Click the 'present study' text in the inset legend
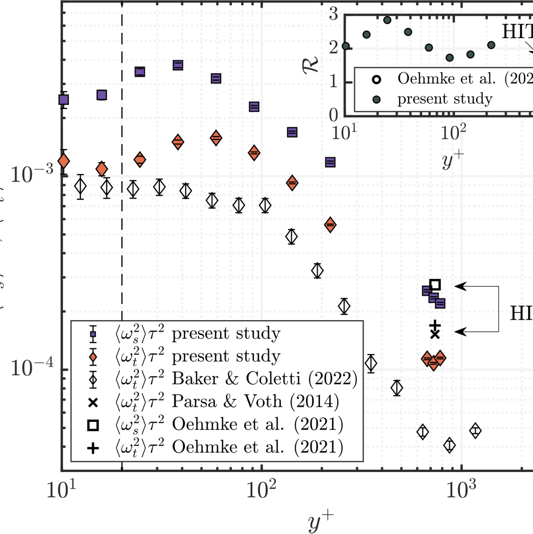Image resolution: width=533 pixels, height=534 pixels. (x=444, y=99)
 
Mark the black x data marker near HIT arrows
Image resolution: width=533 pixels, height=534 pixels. (x=435, y=334)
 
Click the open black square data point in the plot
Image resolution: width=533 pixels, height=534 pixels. (x=435, y=284)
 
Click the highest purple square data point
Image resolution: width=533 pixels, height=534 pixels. (x=178, y=65)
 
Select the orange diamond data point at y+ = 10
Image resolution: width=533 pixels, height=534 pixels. (x=63, y=161)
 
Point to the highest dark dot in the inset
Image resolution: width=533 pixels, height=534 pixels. (x=387, y=20)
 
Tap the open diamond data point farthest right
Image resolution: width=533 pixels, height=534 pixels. (x=475, y=431)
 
